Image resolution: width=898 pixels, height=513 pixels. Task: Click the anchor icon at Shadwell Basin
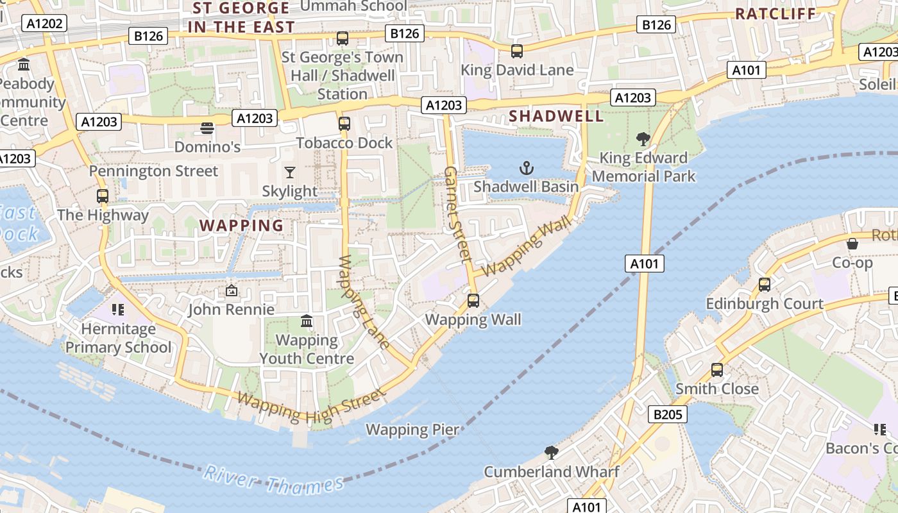pyautogui.click(x=526, y=169)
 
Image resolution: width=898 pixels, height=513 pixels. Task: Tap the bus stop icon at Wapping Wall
pyautogui.click(x=473, y=300)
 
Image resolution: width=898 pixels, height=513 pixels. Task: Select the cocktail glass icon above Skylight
pyautogui.click(x=290, y=172)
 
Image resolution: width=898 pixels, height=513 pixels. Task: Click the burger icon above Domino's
pyautogui.click(x=207, y=128)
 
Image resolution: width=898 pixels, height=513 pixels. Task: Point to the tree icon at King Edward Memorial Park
pyautogui.click(x=643, y=139)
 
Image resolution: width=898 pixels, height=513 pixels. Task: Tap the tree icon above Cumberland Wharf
pyautogui.click(x=551, y=453)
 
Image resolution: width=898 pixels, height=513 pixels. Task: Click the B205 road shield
pyautogui.click(x=668, y=415)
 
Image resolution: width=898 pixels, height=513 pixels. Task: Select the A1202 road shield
pyautogui.click(x=45, y=24)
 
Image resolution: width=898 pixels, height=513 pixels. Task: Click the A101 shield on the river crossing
pyautogui.click(x=645, y=264)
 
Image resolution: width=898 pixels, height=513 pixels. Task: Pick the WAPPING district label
pyautogui.click(x=241, y=226)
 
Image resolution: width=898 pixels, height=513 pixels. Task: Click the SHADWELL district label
pyautogui.click(x=556, y=116)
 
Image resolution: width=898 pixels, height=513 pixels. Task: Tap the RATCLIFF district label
pyautogui.click(x=775, y=13)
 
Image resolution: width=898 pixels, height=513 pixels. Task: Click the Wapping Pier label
pyautogui.click(x=412, y=430)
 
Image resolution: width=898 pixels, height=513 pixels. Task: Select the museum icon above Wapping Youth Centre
pyautogui.click(x=307, y=321)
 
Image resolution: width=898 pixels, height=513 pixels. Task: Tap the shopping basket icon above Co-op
pyautogui.click(x=852, y=244)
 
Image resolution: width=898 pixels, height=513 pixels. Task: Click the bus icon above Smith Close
pyautogui.click(x=717, y=370)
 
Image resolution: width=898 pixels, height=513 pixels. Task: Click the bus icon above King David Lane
pyautogui.click(x=517, y=51)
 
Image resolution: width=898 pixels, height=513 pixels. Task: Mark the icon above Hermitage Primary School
pyautogui.click(x=117, y=310)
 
